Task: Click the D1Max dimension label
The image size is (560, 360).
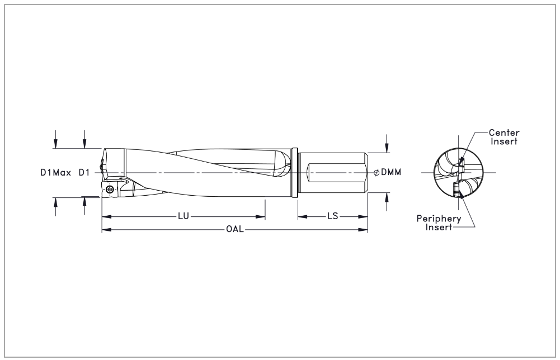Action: coord(55,173)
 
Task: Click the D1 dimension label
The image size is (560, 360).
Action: coord(84,173)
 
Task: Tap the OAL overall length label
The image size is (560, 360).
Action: coord(235,230)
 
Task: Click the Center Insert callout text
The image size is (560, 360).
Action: coord(503,137)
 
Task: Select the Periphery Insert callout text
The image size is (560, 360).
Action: coord(439,223)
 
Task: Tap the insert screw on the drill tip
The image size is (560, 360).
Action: coord(110,191)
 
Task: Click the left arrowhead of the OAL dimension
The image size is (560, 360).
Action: coord(105,230)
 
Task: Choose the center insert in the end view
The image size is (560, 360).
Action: coord(462,162)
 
